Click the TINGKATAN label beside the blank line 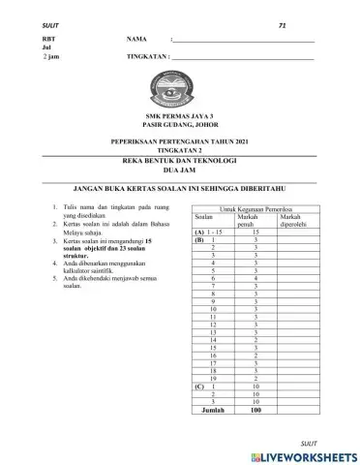[x=147, y=57]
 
